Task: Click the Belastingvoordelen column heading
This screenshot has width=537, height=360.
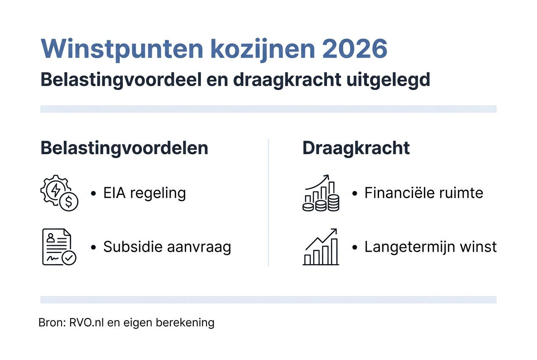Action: [124, 148]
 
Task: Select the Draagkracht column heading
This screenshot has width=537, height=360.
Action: [356, 148]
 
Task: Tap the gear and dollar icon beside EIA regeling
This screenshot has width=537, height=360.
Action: [59, 193]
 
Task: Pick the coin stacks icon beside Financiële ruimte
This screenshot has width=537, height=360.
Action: [321, 193]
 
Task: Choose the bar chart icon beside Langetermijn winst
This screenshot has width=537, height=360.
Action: [321, 247]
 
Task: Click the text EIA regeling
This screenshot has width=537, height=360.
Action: [144, 193]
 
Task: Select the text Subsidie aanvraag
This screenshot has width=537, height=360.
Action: [167, 247]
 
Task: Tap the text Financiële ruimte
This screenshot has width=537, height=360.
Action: [424, 193]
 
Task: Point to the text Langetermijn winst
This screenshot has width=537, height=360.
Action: [430, 247]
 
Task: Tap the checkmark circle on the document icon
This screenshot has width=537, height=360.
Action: [69, 257]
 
